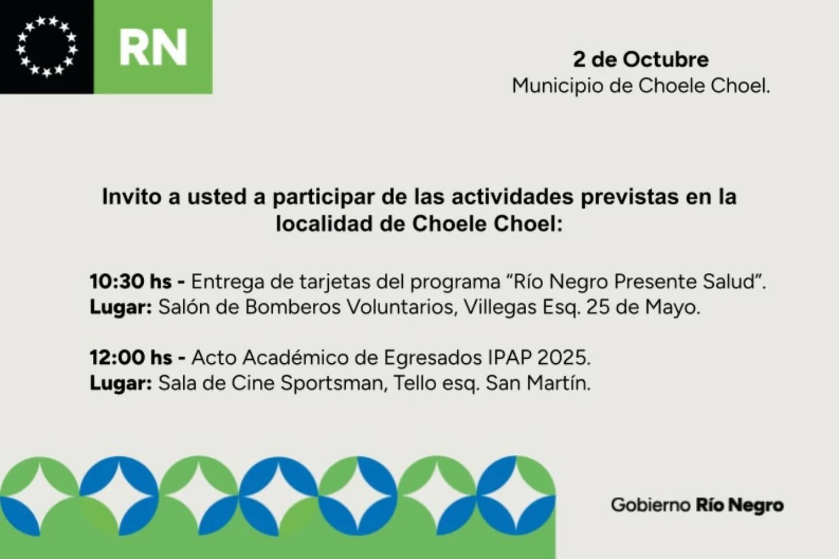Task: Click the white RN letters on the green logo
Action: pos(153,47)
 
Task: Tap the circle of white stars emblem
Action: pos(47,47)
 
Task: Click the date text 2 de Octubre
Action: pos(641,60)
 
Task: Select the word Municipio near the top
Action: pos(558,86)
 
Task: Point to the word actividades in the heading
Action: pos(513,196)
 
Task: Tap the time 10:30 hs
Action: pos(131,282)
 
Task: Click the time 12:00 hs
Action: pos(131,358)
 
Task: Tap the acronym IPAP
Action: pos(510,358)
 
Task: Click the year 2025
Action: pos(562,358)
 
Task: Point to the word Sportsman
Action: pos(332,384)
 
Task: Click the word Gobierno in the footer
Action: pos(650,505)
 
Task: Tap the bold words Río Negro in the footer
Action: pos(740,505)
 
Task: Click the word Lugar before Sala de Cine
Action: pos(121,384)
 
